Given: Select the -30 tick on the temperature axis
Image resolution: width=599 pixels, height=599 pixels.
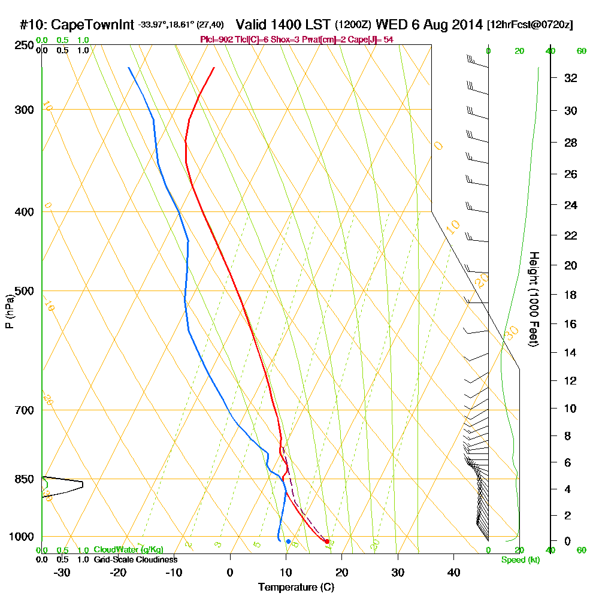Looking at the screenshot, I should click(62, 573).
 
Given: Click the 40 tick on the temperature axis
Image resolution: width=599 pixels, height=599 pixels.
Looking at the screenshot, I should click(453, 573).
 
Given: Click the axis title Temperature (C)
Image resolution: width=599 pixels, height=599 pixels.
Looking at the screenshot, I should click(296, 587).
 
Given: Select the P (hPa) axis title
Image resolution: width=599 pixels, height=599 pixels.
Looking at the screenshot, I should click(9, 311).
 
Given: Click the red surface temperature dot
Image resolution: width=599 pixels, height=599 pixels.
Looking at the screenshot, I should click(326, 541).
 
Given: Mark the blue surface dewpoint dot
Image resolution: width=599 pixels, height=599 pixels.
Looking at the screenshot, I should click(288, 541).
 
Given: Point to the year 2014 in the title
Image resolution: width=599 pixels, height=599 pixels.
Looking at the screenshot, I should click(467, 25).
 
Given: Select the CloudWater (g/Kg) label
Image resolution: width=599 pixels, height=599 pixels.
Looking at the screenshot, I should click(128, 550).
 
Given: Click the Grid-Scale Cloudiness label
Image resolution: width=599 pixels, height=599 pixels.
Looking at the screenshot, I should click(135, 559).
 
